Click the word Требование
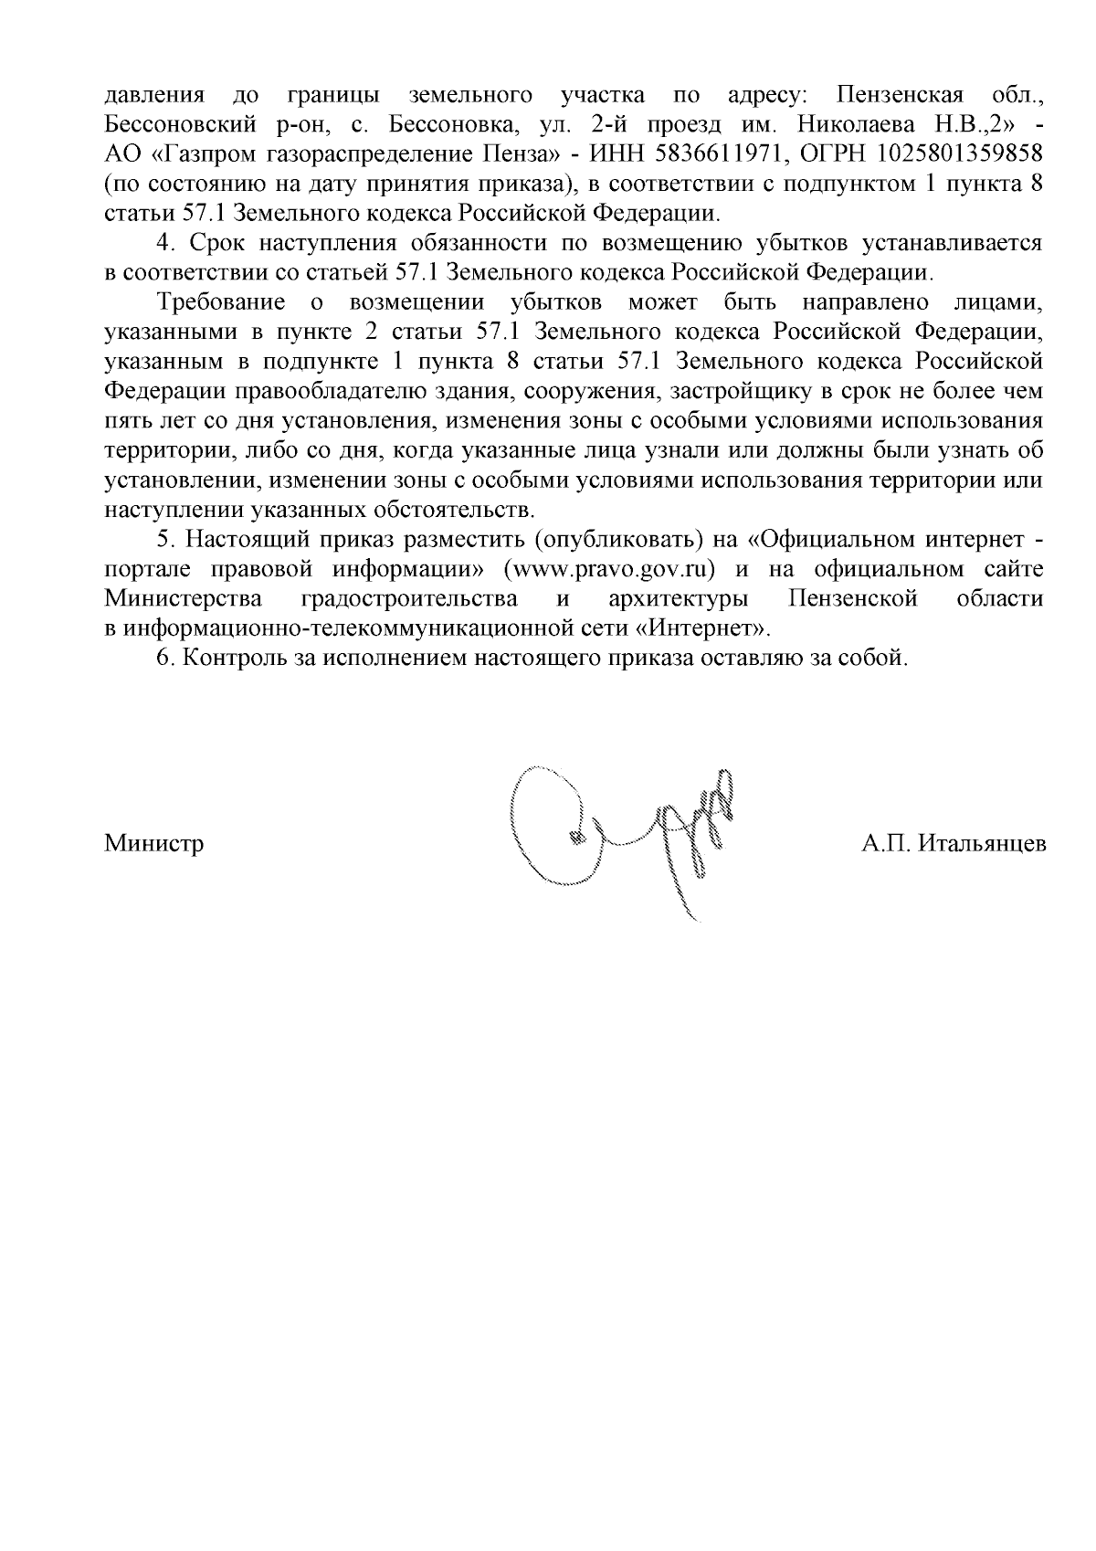pyautogui.click(x=221, y=302)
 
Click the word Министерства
pyautogui.click(x=184, y=599)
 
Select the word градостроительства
pyautogui.click(x=408, y=599)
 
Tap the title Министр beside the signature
pyautogui.click(x=154, y=842)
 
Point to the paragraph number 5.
pyautogui.click(x=163, y=540)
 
